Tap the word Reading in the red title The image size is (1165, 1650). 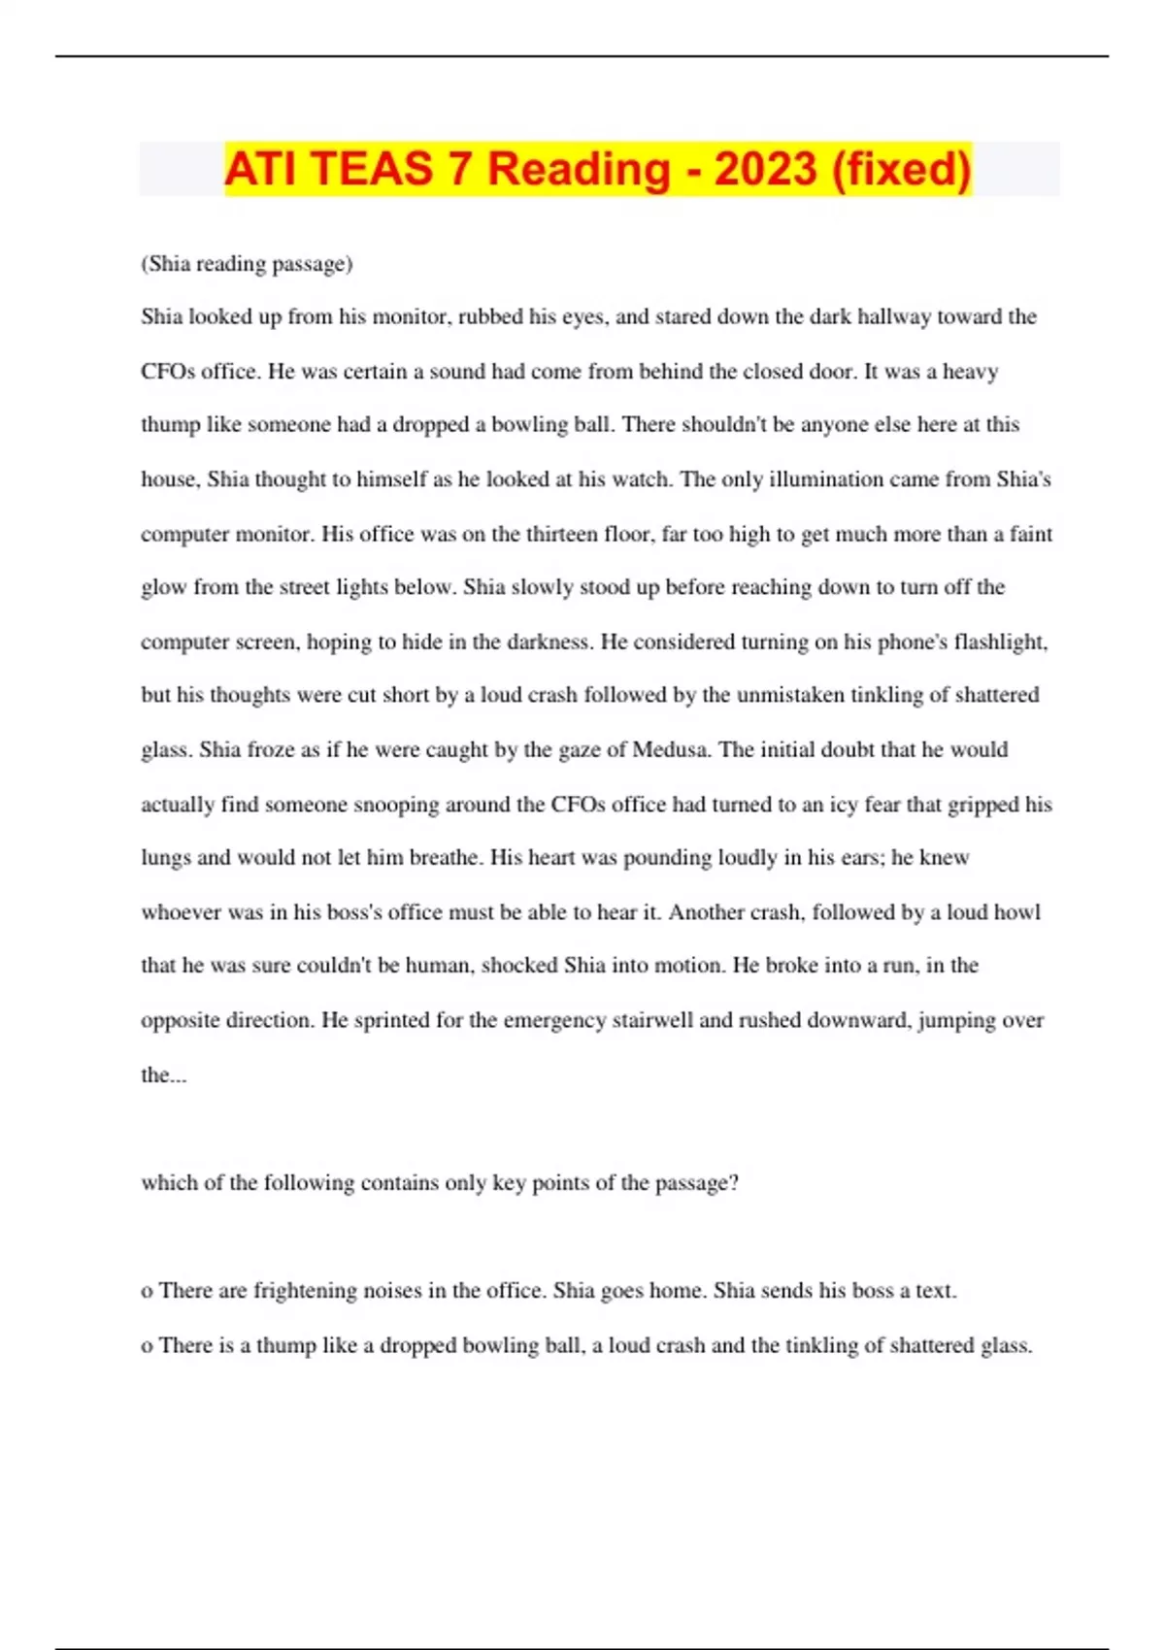579,171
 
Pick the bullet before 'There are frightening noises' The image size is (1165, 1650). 147,1292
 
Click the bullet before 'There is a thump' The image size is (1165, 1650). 147,1346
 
